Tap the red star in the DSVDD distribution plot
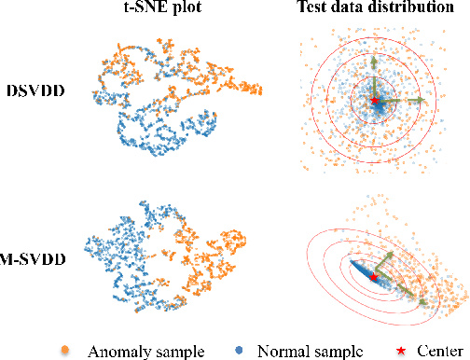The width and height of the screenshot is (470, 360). click(375, 100)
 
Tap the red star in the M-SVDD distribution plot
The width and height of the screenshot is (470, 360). click(373, 277)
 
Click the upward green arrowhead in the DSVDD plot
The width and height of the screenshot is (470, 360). click(374, 59)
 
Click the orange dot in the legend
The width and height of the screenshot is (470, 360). click(64, 349)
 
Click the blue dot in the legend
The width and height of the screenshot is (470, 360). click(242, 349)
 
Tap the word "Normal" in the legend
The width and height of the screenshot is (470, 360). click(287, 350)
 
